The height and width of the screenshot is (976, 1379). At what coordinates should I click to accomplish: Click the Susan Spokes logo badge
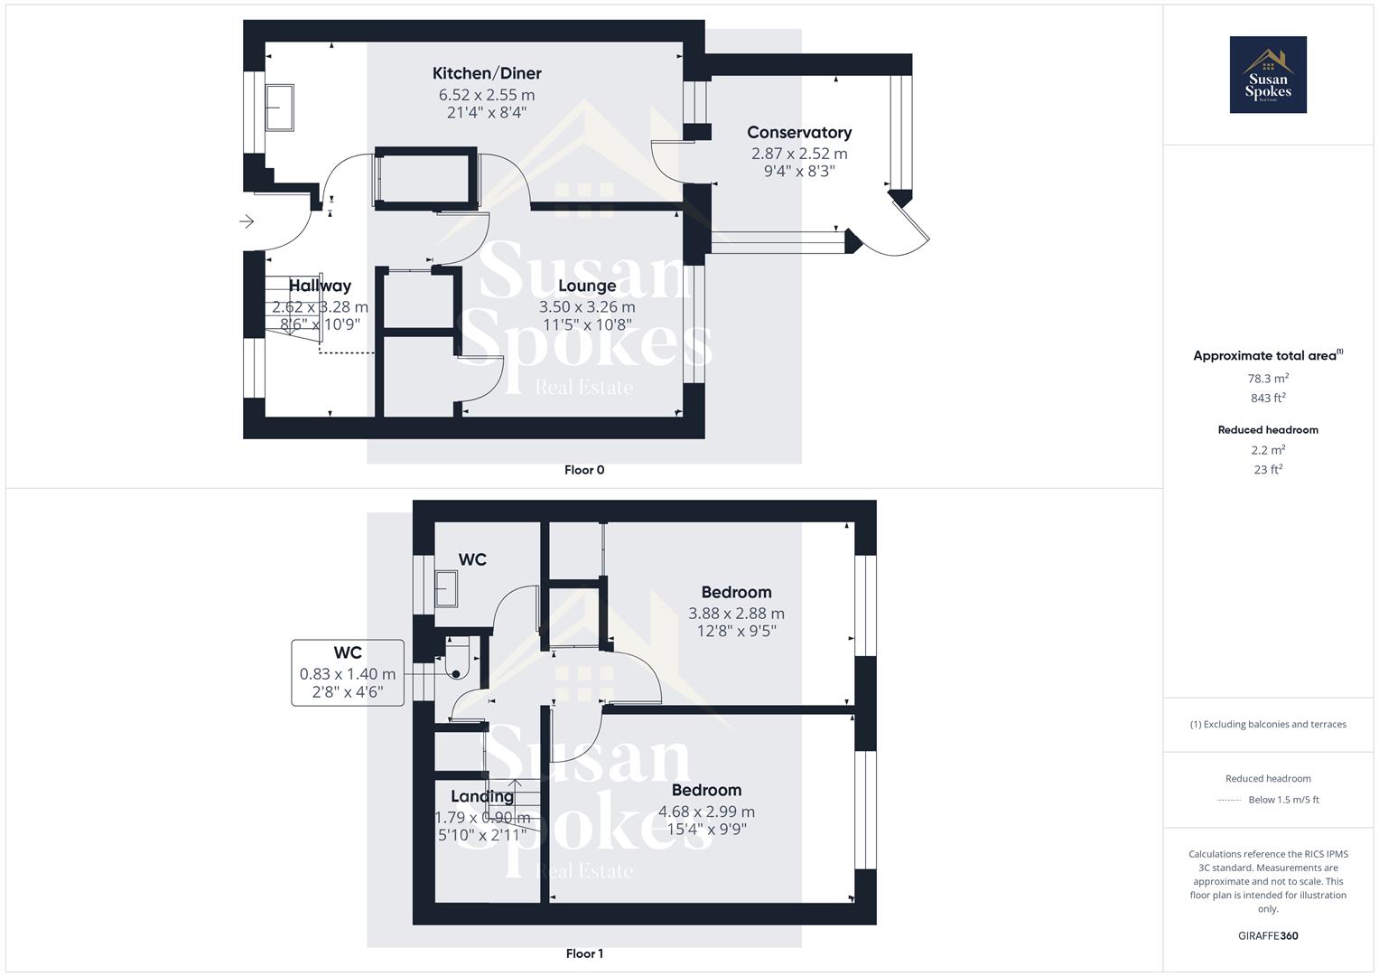[1267, 75]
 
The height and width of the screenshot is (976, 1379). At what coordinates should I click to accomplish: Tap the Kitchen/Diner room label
[487, 73]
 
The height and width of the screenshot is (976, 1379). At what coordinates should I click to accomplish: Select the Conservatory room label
[798, 132]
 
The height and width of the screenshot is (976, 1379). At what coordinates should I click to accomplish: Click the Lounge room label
[586, 286]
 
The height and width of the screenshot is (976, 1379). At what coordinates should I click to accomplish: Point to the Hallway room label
[320, 286]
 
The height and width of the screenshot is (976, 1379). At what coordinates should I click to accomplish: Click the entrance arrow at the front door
[247, 221]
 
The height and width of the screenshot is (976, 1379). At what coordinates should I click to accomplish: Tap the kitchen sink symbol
[279, 108]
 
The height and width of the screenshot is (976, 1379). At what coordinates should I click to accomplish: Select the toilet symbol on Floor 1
[459, 658]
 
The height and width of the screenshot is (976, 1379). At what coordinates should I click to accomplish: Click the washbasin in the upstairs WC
[446, 589]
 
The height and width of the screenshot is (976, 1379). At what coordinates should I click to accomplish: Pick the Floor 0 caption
[584, 470]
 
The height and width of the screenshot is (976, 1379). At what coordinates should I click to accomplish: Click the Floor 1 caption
[584, 953]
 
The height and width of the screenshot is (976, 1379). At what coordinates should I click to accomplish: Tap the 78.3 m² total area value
[1267, 379]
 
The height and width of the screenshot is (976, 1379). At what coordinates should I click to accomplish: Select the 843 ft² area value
[1267, 398]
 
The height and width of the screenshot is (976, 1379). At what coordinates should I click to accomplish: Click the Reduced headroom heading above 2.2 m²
[1267, 430]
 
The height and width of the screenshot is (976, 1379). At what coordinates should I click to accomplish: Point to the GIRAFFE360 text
[1267, 935]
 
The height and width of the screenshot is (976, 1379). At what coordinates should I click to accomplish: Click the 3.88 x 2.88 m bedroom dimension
[736, 613]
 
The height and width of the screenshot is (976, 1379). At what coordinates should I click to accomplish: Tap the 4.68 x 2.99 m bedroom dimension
[706, 812]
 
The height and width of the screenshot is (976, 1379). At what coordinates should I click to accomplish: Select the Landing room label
[481, 796]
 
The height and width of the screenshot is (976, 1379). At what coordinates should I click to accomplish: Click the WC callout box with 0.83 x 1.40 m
[348, 672]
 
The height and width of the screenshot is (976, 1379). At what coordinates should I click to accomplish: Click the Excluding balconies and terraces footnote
[1267, 724]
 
